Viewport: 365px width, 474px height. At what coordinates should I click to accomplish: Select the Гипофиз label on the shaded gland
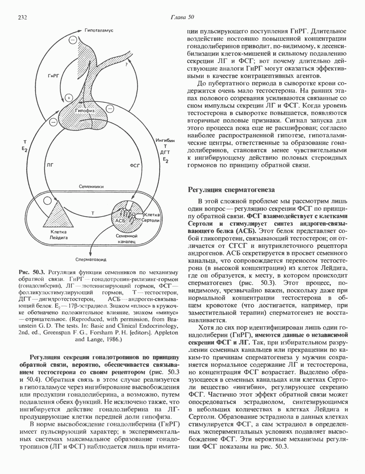click(x=85, y=110)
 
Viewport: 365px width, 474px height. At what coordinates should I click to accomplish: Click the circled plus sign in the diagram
click(x=68, y=97)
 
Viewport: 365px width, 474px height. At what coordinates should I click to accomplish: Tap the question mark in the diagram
click(x=126, y=65)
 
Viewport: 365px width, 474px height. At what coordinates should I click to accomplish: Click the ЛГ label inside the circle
click(x=50, y=165)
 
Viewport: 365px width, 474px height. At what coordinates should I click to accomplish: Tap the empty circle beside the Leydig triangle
click(x=47, y=200)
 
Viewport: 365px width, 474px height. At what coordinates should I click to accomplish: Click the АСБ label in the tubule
click(x=120, y=221)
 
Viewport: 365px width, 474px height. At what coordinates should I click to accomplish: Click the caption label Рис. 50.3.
click(x=32, y=272)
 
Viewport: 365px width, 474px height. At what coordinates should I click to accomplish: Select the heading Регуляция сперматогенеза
click(x=230, y=190)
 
